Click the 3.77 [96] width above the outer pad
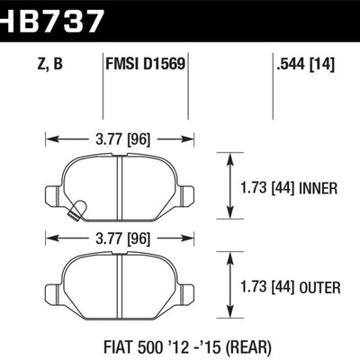[120, 238]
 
